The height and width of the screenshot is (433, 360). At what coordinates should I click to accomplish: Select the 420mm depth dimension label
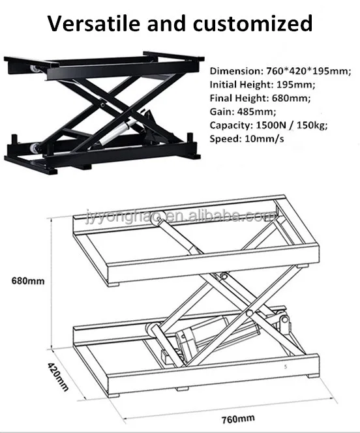pyautogui.click(x=57, y=377)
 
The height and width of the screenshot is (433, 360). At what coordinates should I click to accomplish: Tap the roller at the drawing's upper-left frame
pyautogui.click(x=156, y=222)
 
